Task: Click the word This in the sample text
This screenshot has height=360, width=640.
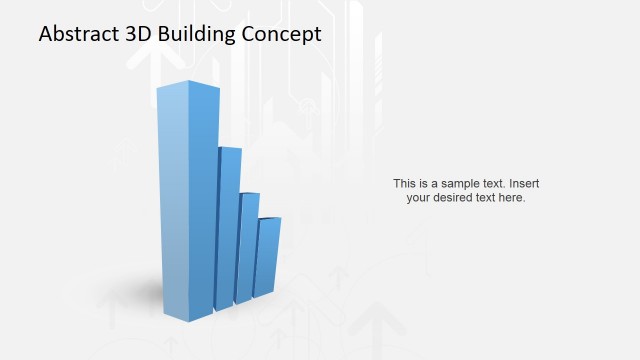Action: (404, 184)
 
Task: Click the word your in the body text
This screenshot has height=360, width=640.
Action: (418, 198)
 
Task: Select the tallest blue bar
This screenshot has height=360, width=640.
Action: (188, 200)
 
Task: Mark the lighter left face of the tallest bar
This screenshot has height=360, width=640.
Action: (172, 200)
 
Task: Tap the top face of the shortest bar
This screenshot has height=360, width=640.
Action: (270, 218)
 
